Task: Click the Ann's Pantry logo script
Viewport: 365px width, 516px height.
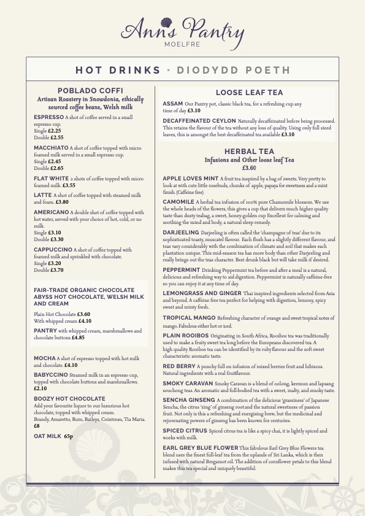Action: click(182, 28)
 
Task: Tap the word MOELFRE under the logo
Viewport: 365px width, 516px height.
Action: click(182, 44)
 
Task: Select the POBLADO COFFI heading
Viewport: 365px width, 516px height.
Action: click(90, 90)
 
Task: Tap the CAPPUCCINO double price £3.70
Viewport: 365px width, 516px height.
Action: click(57, 270)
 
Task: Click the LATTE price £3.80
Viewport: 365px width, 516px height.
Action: click(62, 201)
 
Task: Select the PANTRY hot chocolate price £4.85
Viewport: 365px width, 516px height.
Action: click(78, 337)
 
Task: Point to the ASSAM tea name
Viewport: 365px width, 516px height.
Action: click(173, 103)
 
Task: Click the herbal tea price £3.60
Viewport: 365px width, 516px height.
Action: click(249, 168)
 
